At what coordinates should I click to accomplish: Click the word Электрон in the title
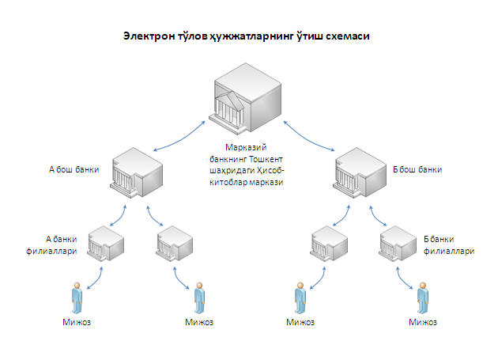(x=149, y=36)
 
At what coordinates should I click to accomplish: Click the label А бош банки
(x=74, y=169)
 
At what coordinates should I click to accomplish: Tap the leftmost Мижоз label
(x=77, y=322)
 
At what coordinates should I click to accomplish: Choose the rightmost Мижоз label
(x=423, y=322)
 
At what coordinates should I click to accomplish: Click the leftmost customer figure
(x=77, y=297)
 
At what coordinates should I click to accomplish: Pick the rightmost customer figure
(x=423, y=297)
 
